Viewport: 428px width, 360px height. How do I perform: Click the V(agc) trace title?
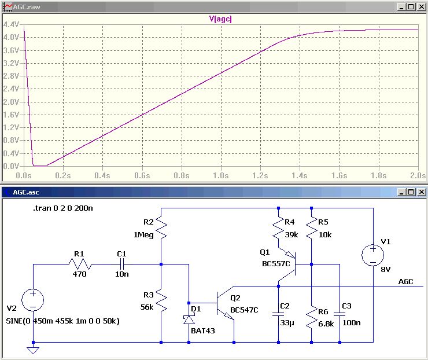[x=220, y=19]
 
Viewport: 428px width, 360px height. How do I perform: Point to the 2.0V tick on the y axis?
[x=11, y=102]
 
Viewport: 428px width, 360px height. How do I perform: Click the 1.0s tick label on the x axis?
[x=221, y=175]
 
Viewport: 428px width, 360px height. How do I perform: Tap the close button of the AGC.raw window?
[x=421, y=6]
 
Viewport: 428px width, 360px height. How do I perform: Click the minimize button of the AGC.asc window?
[x=401, y=192]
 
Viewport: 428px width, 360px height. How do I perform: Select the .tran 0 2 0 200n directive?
[x=63, y=208]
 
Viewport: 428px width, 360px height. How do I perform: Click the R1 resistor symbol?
[x=80, y=264]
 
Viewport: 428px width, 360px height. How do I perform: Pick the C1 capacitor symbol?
[x=122, y=264]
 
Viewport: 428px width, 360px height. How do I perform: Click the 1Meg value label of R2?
[x=143, y=235]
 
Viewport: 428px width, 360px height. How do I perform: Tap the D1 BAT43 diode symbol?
[x=189, y=319]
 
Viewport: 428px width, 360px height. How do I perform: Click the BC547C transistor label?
[x=244, y=310]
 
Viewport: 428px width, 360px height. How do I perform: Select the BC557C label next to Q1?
[x=276, y=263]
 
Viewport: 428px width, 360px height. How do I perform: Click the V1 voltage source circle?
[x=372, y=255]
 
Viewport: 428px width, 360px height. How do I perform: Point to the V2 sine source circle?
[x=33, y=300]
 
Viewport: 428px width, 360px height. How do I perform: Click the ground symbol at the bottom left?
[x=33, y=350]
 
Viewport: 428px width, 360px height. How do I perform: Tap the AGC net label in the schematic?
[x=405, y=282]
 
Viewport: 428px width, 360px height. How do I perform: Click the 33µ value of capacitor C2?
[x=287, y=323]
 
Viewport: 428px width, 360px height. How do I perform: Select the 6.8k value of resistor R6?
[x=326, y=324]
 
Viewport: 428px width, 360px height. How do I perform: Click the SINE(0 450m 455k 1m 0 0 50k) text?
[x=63, y=321]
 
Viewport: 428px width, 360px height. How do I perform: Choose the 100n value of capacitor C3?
[x=351, y=323]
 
